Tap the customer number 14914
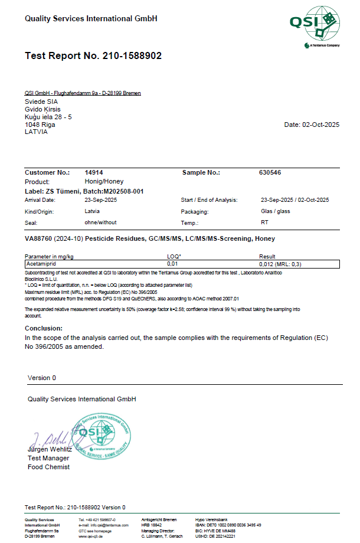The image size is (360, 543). (94, 172)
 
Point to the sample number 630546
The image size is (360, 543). (270, 172)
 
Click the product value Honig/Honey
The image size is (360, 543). (104, 182)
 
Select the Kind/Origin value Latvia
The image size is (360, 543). (92, 211)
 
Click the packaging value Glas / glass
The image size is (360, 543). (275, 211)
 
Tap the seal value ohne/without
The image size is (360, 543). (101, 223)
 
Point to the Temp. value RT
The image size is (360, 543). (264, 223)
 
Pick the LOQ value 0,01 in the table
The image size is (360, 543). (173, 264)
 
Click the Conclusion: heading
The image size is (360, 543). (44, 328)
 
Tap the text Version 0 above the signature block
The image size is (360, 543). (42, 378)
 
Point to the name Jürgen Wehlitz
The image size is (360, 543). (51, 450)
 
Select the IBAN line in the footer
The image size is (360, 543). (228, 525)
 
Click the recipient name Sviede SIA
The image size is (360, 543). (41, 102)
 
